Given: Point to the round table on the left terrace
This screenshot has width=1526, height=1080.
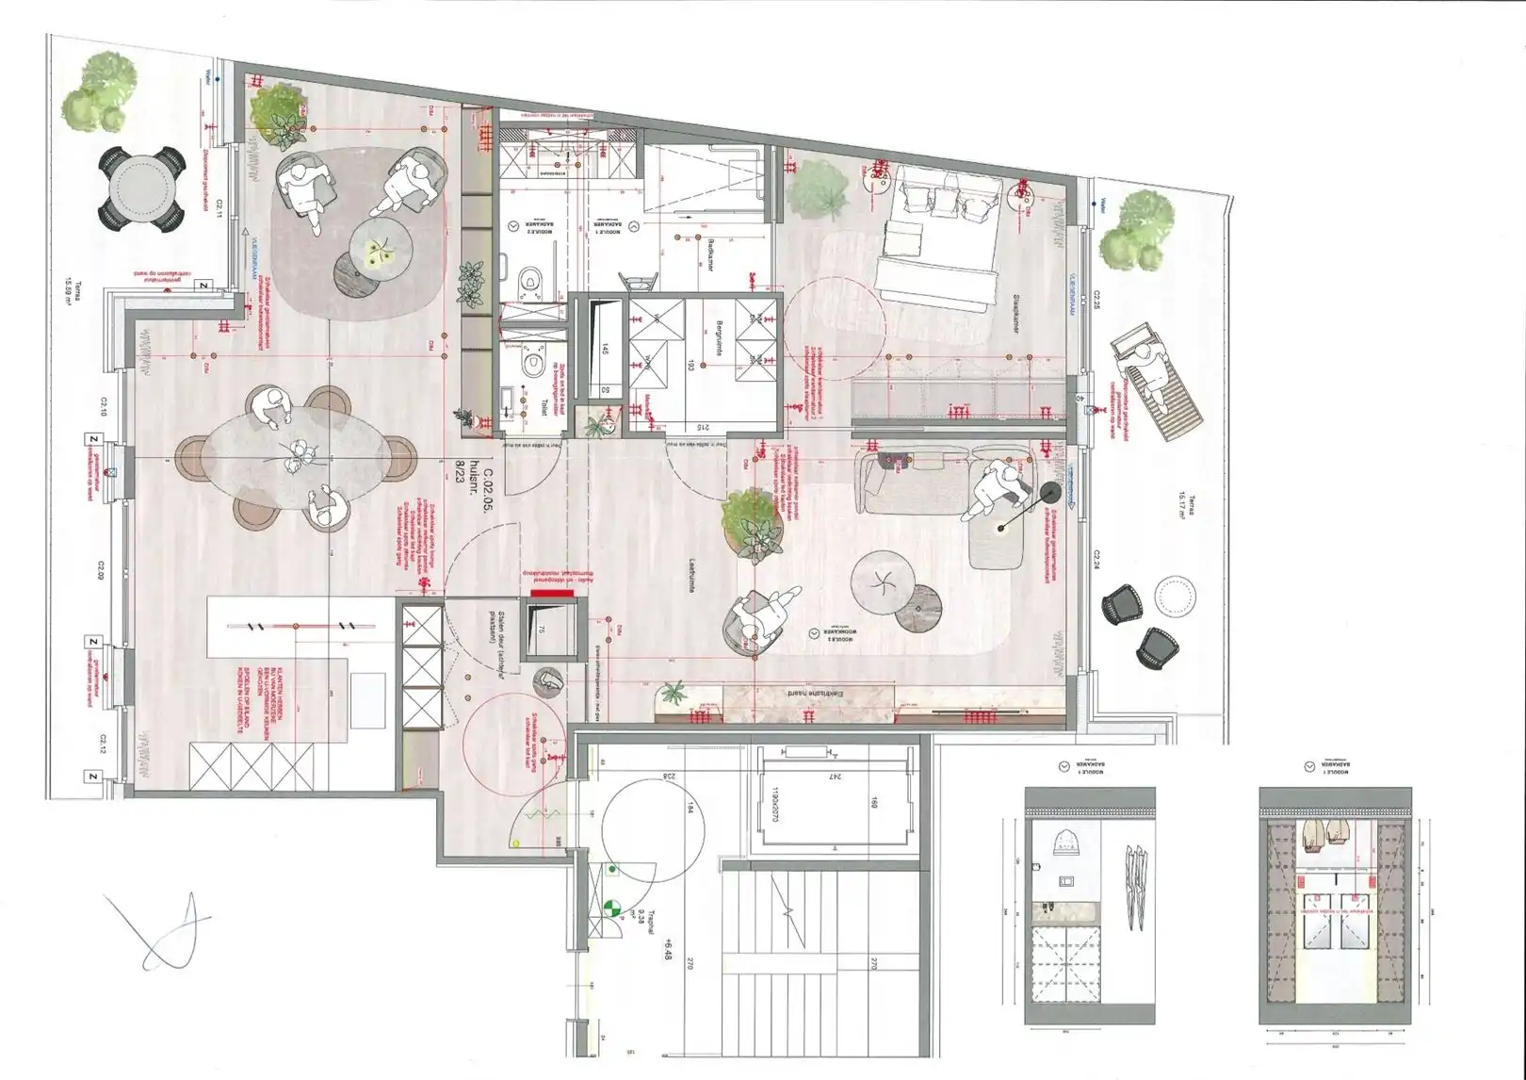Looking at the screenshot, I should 142,188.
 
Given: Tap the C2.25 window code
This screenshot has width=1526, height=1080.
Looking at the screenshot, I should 1096,300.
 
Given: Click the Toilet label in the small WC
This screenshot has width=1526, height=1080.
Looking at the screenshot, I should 544,407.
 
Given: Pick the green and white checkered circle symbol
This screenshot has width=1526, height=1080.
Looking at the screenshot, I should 612,908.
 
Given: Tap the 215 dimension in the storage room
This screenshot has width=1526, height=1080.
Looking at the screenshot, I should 702,426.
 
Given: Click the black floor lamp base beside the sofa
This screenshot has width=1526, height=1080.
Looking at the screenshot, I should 1049,492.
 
